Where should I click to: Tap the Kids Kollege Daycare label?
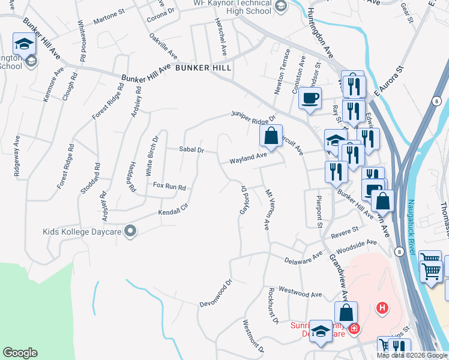pyautogui.click(x=82, y=231)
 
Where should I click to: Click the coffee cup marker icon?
pyautogui.click(x=310, y=98)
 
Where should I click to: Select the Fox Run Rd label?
pyautogui.click(x=169, y=187)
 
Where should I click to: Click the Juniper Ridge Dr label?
pyautogui.click(x=253, y=115)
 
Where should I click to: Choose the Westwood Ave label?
pyautogui.click(x=304, y=295)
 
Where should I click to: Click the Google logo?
pyautogui.click(x=20, y=353)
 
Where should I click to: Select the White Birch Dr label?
pyautogui.click(x=152, y=155)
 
